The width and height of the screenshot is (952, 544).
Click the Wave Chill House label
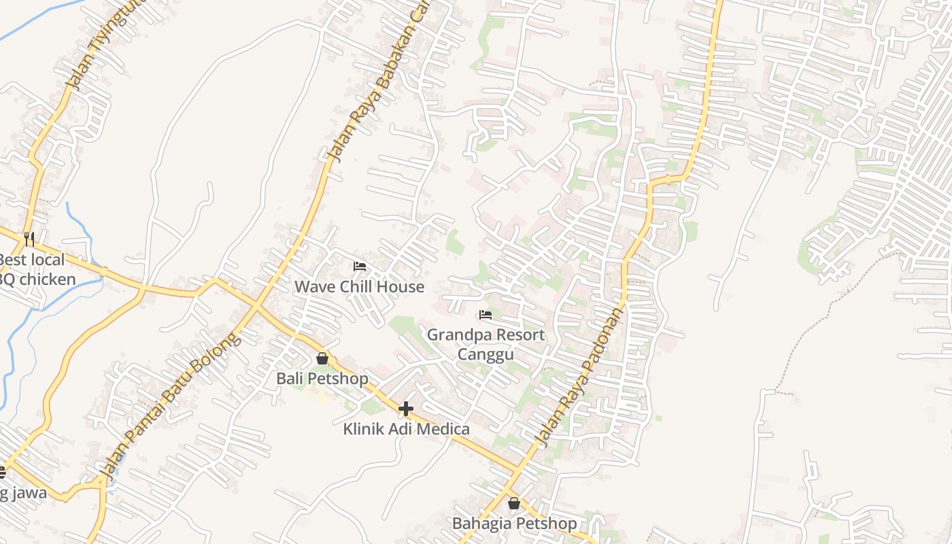[x=359, y=286]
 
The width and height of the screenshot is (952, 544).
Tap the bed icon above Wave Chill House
[x=360, y=267]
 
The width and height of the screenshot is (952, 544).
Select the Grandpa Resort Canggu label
[x=486, y=344]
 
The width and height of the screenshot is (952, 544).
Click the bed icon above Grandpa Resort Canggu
[x=486, y=315]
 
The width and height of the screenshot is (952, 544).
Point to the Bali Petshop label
[x=322, y=378]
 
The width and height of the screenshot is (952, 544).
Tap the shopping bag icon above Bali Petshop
[x=322, y=358]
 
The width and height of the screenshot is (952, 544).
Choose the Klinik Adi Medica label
[x=406, y=429]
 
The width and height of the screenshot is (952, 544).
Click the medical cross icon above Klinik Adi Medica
[x=406, y=409]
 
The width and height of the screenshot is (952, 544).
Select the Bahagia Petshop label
[x=514, y=523]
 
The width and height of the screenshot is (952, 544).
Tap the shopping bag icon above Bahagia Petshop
[x=514, y=503]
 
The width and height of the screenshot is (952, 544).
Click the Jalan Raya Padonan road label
[x=579, y=377]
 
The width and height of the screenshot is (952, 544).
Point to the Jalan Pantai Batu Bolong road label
[x=171, y=405]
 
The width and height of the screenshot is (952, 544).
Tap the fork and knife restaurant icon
[x=29, y=239]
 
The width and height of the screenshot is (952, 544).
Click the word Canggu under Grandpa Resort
[x=486, y=354]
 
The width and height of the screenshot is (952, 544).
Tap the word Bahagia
[x=483, y=523]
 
